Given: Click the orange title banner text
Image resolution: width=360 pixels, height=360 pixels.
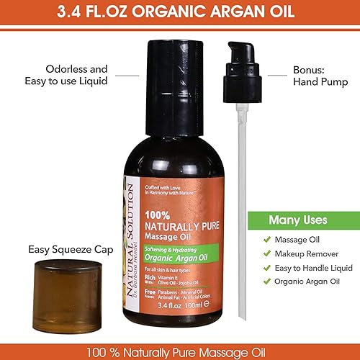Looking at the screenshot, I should [180, 13].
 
